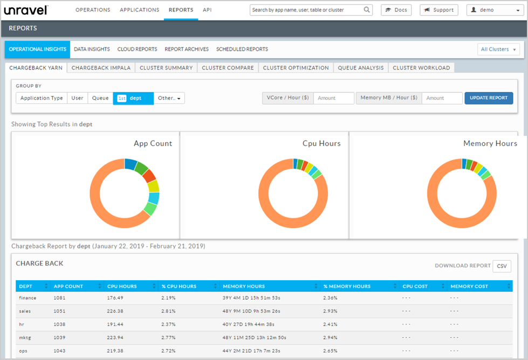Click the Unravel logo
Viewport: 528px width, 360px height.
26,10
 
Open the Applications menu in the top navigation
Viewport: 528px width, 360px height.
139,10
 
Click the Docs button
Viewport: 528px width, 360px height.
396,10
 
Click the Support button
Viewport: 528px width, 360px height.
438,10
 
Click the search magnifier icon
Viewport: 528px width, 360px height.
367,10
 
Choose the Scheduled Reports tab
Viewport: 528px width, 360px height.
242,49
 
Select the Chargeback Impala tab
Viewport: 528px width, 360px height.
101,68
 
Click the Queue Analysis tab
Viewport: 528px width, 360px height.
360,68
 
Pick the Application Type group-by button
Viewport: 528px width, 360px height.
42,98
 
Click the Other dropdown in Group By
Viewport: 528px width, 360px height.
169,98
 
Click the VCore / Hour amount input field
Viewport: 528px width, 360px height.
333,98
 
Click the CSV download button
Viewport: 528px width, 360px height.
502,266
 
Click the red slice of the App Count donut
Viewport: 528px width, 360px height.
149,175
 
